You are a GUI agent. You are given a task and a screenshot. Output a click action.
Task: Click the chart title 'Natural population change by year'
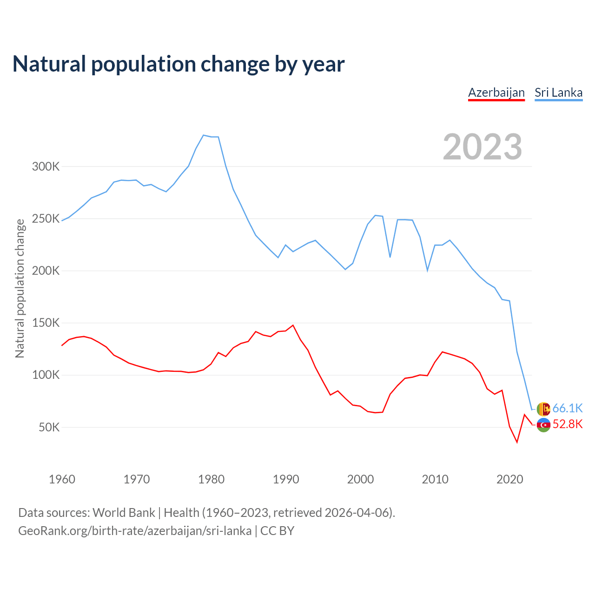pos(178,64)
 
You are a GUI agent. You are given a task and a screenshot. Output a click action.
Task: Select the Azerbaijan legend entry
pos(496,93)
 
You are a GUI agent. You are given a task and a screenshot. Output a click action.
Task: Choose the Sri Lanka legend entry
pos(558,93)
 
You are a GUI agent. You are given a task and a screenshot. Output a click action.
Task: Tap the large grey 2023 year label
pos(482,147)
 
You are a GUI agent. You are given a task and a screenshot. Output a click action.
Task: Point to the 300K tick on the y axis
pos(46,166)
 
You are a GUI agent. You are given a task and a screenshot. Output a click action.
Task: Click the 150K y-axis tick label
pos(46,323)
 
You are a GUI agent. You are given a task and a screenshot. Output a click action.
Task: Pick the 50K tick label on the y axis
pos(49,427)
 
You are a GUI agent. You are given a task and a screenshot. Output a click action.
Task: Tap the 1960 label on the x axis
pos(62,479)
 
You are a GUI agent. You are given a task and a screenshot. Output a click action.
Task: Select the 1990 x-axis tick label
pos(286,479)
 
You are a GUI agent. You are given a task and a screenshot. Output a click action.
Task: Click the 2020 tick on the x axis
pos(510,479)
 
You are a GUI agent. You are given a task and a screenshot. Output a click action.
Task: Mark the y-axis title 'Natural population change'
pos(20,288)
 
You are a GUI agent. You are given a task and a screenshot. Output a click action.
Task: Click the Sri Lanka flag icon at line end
pos(543,409)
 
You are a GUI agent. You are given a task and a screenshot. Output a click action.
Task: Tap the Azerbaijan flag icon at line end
pos(543,425)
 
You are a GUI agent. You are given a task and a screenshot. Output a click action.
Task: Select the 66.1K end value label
pos(568,408)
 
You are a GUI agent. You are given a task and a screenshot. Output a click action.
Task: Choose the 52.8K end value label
pos(568,424)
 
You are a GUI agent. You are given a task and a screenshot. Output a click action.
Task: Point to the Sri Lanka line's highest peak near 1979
pos(204,135)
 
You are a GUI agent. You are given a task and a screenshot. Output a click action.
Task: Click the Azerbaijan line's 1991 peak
pos(293,325)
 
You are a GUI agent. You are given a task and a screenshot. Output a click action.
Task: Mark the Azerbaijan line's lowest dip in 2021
pos(517,442)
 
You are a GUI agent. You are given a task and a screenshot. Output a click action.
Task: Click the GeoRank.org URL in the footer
pos(135,531)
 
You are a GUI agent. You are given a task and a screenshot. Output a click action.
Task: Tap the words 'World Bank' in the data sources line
pos(124,513)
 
